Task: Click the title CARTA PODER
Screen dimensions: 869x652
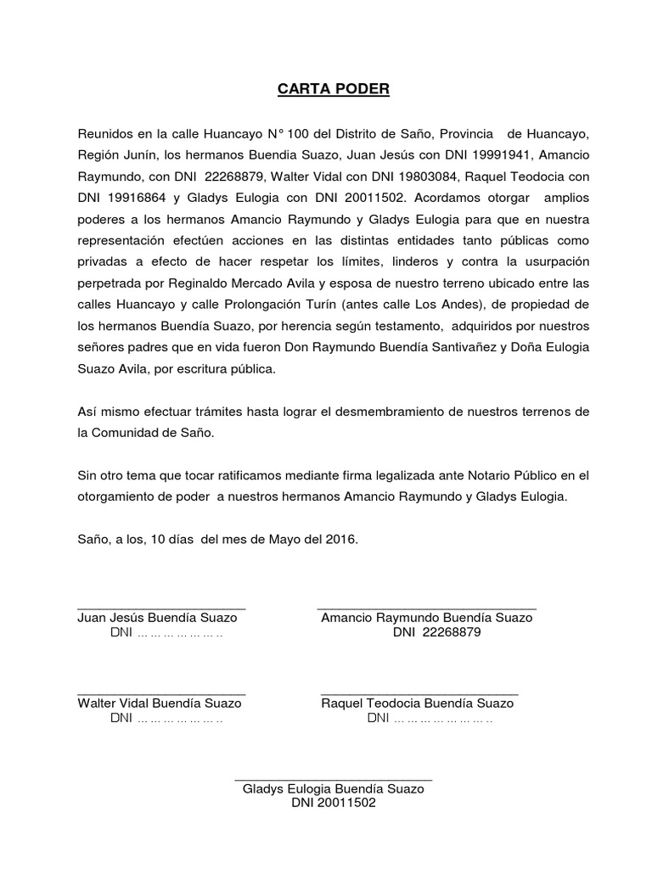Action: (x=326, y=89)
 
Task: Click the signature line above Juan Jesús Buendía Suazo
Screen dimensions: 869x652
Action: (x=161, y=609)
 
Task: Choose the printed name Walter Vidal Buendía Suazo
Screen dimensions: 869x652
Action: (x=160, y=704)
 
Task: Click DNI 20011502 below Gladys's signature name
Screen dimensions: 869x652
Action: (x=333, y=803)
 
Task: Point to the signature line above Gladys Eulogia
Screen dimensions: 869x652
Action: (x=333, y=779)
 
